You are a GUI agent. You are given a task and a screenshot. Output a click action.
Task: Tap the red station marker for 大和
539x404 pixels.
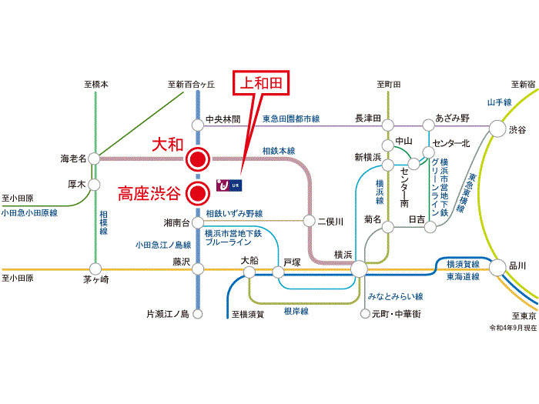(198, 159)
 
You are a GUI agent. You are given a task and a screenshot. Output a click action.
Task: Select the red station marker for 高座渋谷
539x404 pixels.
(198, 192)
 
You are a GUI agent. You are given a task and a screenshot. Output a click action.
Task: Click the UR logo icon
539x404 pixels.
(231, 185)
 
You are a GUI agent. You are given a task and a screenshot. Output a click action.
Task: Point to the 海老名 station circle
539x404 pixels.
(94, 159)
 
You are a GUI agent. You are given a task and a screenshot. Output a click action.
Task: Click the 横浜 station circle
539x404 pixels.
(358, 269)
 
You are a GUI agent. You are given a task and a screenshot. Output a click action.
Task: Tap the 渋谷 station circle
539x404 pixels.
(497, 129)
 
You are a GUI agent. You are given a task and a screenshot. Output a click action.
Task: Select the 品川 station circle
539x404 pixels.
(497, 265)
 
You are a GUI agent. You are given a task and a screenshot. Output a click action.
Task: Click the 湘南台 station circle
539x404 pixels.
(198, 222)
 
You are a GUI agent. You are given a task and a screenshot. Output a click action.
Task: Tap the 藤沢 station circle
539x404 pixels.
(198, 269)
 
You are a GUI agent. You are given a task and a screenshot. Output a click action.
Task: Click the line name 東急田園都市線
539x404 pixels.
(291, 119)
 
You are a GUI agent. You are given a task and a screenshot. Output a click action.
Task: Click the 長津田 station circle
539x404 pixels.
(389, 125)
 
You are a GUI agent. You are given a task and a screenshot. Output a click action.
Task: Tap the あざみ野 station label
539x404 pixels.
(452, 118)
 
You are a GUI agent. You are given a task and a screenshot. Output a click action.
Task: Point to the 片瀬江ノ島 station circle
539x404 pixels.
(198, 314)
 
